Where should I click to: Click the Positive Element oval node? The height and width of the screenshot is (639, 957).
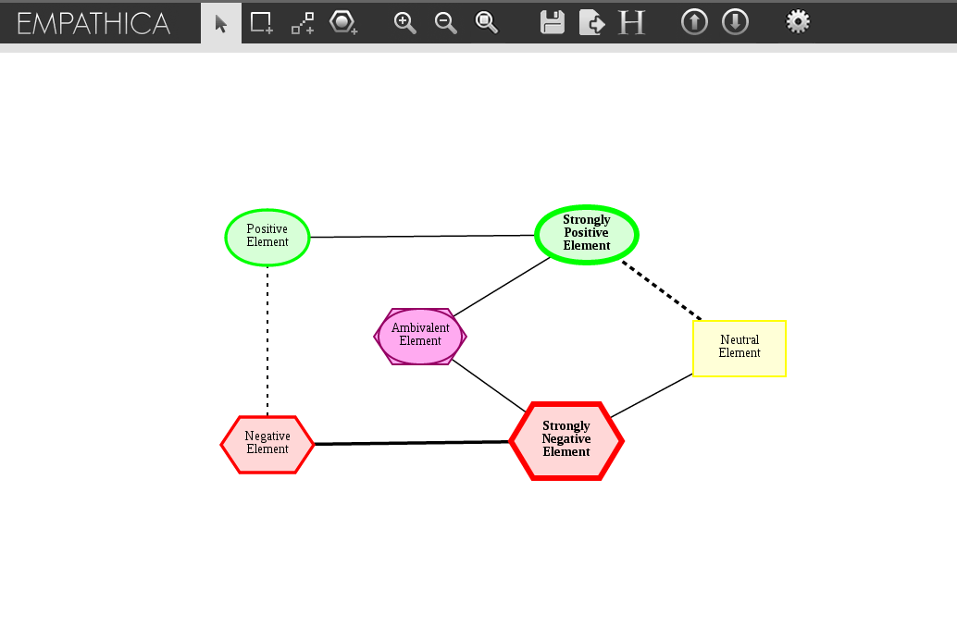point(267,237)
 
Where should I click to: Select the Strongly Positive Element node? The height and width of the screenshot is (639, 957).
point(587,234)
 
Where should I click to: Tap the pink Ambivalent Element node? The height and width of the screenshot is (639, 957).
point(420,336)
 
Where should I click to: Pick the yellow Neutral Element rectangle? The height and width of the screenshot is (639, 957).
point(739,348)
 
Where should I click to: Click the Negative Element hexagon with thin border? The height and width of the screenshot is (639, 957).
point(267,444)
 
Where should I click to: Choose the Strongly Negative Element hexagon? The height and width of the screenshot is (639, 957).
point(566,440)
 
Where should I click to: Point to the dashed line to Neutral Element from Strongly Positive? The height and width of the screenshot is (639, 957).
point(662,291)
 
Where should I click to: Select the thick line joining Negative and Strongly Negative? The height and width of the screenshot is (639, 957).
point(412,443)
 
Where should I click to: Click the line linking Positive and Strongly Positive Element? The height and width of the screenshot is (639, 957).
point(422,237)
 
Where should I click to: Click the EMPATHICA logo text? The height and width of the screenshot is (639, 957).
point(93,23)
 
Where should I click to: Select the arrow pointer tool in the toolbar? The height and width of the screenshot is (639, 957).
point(221,23)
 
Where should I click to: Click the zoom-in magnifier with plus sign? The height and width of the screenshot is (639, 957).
point(404,23)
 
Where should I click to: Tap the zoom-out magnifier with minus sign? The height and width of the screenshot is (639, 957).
point(445,23)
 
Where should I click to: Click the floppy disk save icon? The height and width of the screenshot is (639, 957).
point(553,23)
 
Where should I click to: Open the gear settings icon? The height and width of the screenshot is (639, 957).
point(798,22)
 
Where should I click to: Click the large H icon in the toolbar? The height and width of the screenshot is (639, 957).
point(631,23)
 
